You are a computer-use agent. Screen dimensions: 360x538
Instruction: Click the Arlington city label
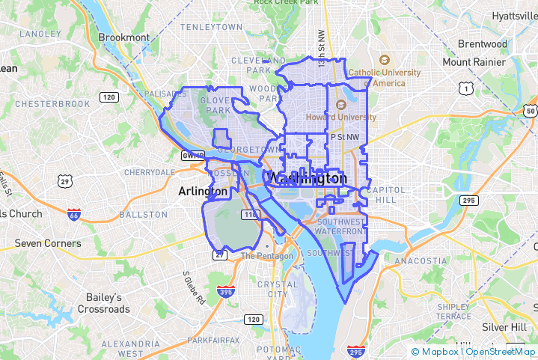pos(203,192)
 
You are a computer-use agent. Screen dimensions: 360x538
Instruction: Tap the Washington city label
pos(308,178)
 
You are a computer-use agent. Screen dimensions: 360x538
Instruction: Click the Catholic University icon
pos(385,60)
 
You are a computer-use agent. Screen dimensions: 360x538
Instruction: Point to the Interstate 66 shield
pos(73,215)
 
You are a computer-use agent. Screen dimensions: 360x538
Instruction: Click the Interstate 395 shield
pos(224,291)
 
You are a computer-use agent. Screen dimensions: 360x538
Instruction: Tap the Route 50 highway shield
pos(531,112)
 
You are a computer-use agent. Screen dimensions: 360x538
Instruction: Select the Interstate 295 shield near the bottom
pos(355,351)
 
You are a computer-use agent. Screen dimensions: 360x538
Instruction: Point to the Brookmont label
pos(124,37)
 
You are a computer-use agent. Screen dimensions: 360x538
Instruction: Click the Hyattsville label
pos(514,16)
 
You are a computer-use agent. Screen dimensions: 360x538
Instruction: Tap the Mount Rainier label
pos(473,62)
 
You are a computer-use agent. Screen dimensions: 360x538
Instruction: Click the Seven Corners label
pos(48,243)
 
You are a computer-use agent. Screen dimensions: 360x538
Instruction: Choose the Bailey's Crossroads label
pos(104,303)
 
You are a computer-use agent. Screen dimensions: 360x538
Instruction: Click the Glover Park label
pos(215,105)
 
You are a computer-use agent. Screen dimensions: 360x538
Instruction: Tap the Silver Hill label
pos(504,327)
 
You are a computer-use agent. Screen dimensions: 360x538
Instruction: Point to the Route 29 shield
pos(65,181)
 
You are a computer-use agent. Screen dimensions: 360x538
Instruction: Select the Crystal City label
pos(272,289)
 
